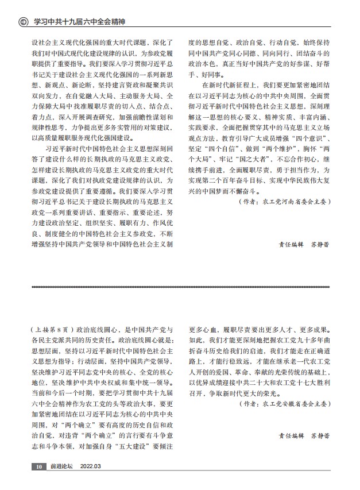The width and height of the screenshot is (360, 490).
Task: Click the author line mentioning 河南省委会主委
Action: tap(284, 202)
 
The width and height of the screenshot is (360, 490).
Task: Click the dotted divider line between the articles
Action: tap(180, 286)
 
